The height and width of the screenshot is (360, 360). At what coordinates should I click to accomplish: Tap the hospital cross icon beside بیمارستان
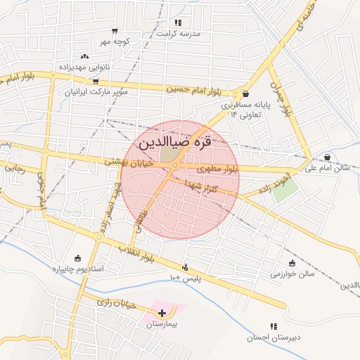162,313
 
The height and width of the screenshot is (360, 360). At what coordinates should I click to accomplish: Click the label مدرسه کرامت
178,34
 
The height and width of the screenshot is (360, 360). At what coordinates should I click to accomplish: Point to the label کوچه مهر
115,41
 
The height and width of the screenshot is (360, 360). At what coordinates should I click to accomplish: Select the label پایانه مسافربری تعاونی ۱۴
242,109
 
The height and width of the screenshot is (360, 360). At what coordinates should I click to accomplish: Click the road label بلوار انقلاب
135,251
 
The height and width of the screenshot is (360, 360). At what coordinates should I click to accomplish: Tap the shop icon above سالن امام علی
328,156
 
